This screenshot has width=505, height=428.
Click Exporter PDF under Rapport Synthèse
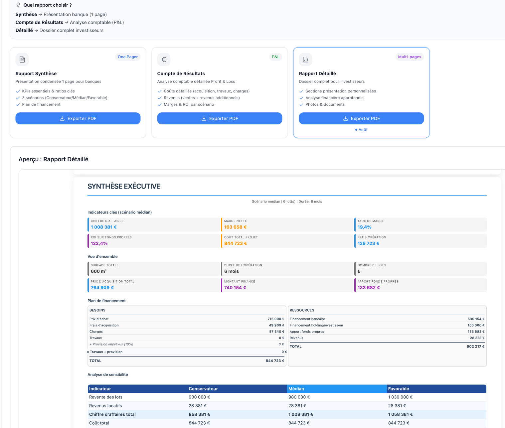point(78,118)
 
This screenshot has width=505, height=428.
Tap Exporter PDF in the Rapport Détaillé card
point(361,118)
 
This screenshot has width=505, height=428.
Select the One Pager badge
point(127,57)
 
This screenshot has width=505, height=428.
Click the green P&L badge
point(275,57)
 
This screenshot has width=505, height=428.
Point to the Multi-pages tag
point(410,57)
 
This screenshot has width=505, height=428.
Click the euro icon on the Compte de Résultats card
point(164,60)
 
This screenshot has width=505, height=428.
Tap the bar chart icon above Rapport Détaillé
point(305,60)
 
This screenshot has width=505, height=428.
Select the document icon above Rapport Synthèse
point(22,60)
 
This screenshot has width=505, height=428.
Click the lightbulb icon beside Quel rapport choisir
point(18,5)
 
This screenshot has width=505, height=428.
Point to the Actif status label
point(361,130)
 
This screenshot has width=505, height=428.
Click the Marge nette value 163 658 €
point(235,227)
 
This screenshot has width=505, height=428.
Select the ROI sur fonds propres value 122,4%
point(99,243)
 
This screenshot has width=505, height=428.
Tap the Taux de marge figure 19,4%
point(365,227)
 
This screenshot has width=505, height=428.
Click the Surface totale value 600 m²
point(99,271)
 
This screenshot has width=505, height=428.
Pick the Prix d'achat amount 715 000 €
point(276,319)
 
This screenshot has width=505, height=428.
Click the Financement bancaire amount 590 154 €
point(476,319)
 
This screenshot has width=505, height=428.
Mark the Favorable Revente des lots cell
point(400,397)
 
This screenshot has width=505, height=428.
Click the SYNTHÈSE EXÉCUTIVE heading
point(124,186)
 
